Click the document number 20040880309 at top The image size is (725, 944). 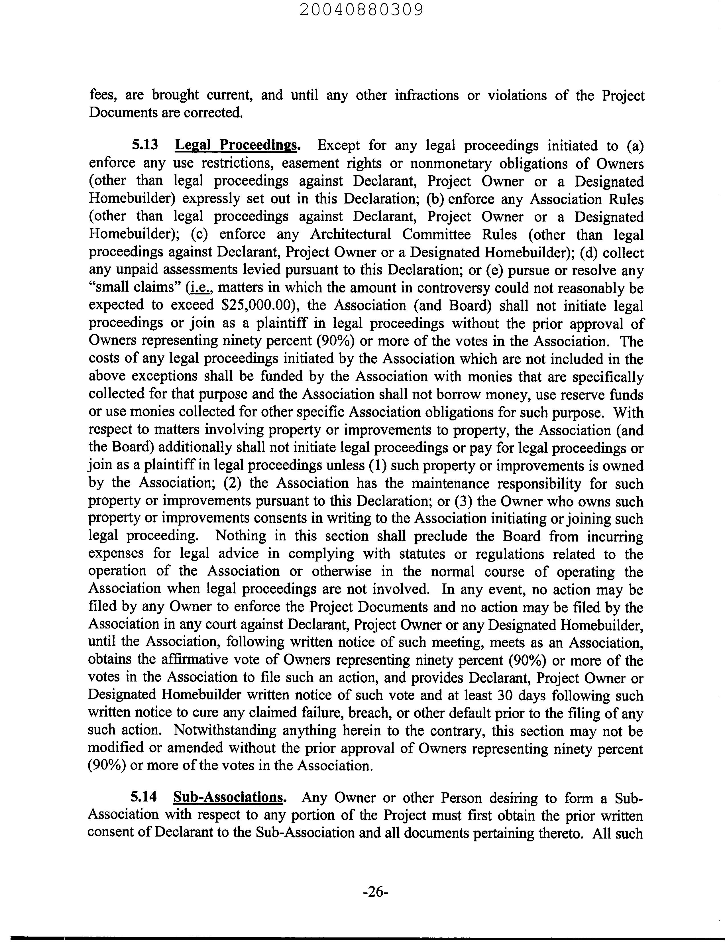(x=362, y=10)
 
